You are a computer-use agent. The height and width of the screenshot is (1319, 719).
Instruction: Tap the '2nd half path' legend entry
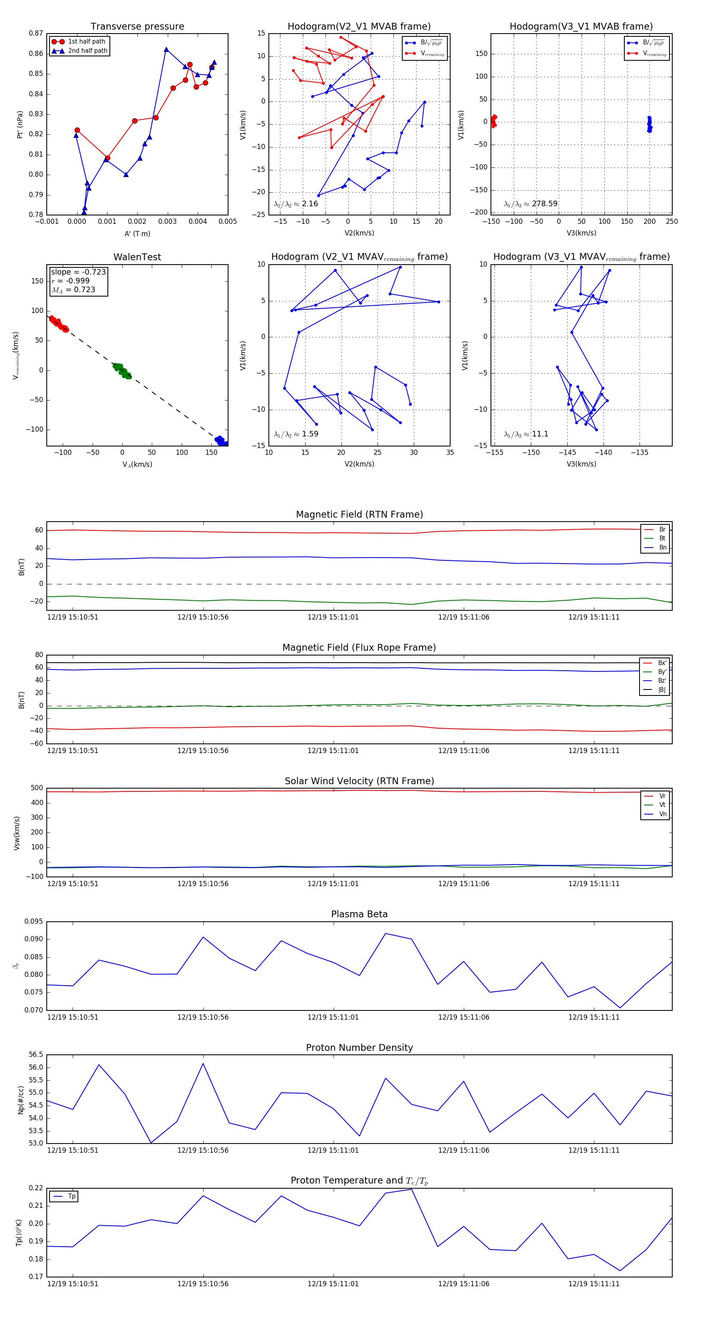[x=87, y=51]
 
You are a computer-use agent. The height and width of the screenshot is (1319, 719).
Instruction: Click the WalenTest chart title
[x=137, y=257]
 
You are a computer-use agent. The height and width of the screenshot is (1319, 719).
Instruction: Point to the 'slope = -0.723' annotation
[x=78, y=272]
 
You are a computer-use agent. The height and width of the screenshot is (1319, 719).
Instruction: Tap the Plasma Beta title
[x=359, y=914]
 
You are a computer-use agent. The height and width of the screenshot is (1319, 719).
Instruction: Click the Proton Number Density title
[x=359, y=1048]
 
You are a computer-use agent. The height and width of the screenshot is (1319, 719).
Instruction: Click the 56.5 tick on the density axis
[x=36, y=1055]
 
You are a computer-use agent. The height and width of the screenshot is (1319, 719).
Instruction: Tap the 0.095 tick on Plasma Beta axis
[x=34, y=922]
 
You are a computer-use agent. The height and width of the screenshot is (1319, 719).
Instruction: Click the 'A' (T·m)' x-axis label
[x=137, y=233]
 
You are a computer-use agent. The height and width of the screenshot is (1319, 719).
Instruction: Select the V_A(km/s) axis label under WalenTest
[x=137, y=464]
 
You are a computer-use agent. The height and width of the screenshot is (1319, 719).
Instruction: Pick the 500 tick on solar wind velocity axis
[x=37, y=788]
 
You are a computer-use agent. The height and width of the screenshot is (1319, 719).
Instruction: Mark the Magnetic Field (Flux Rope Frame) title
[x=359, y=648]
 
